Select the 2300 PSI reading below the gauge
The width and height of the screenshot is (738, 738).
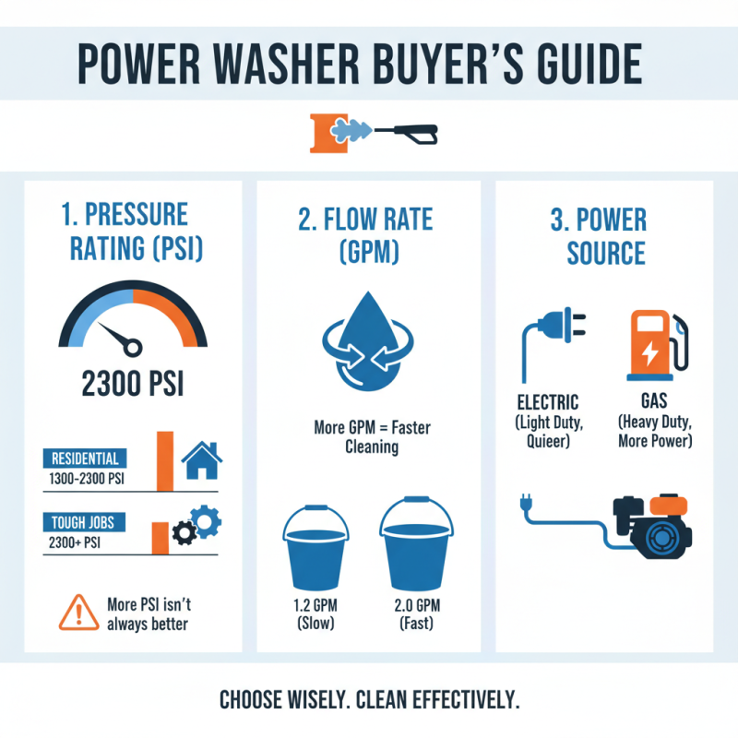(132, 382)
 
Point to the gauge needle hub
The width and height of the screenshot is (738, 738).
(136, 348)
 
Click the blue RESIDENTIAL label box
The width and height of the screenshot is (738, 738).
(86, 458)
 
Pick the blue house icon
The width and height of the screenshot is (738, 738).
(202, 458)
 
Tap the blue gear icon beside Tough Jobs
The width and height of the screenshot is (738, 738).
(205, 522)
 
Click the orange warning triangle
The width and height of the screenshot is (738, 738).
(78, 610)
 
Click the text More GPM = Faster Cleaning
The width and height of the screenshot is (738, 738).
(368, 437)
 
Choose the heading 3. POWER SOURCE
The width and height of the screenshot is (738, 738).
(606, 236)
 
